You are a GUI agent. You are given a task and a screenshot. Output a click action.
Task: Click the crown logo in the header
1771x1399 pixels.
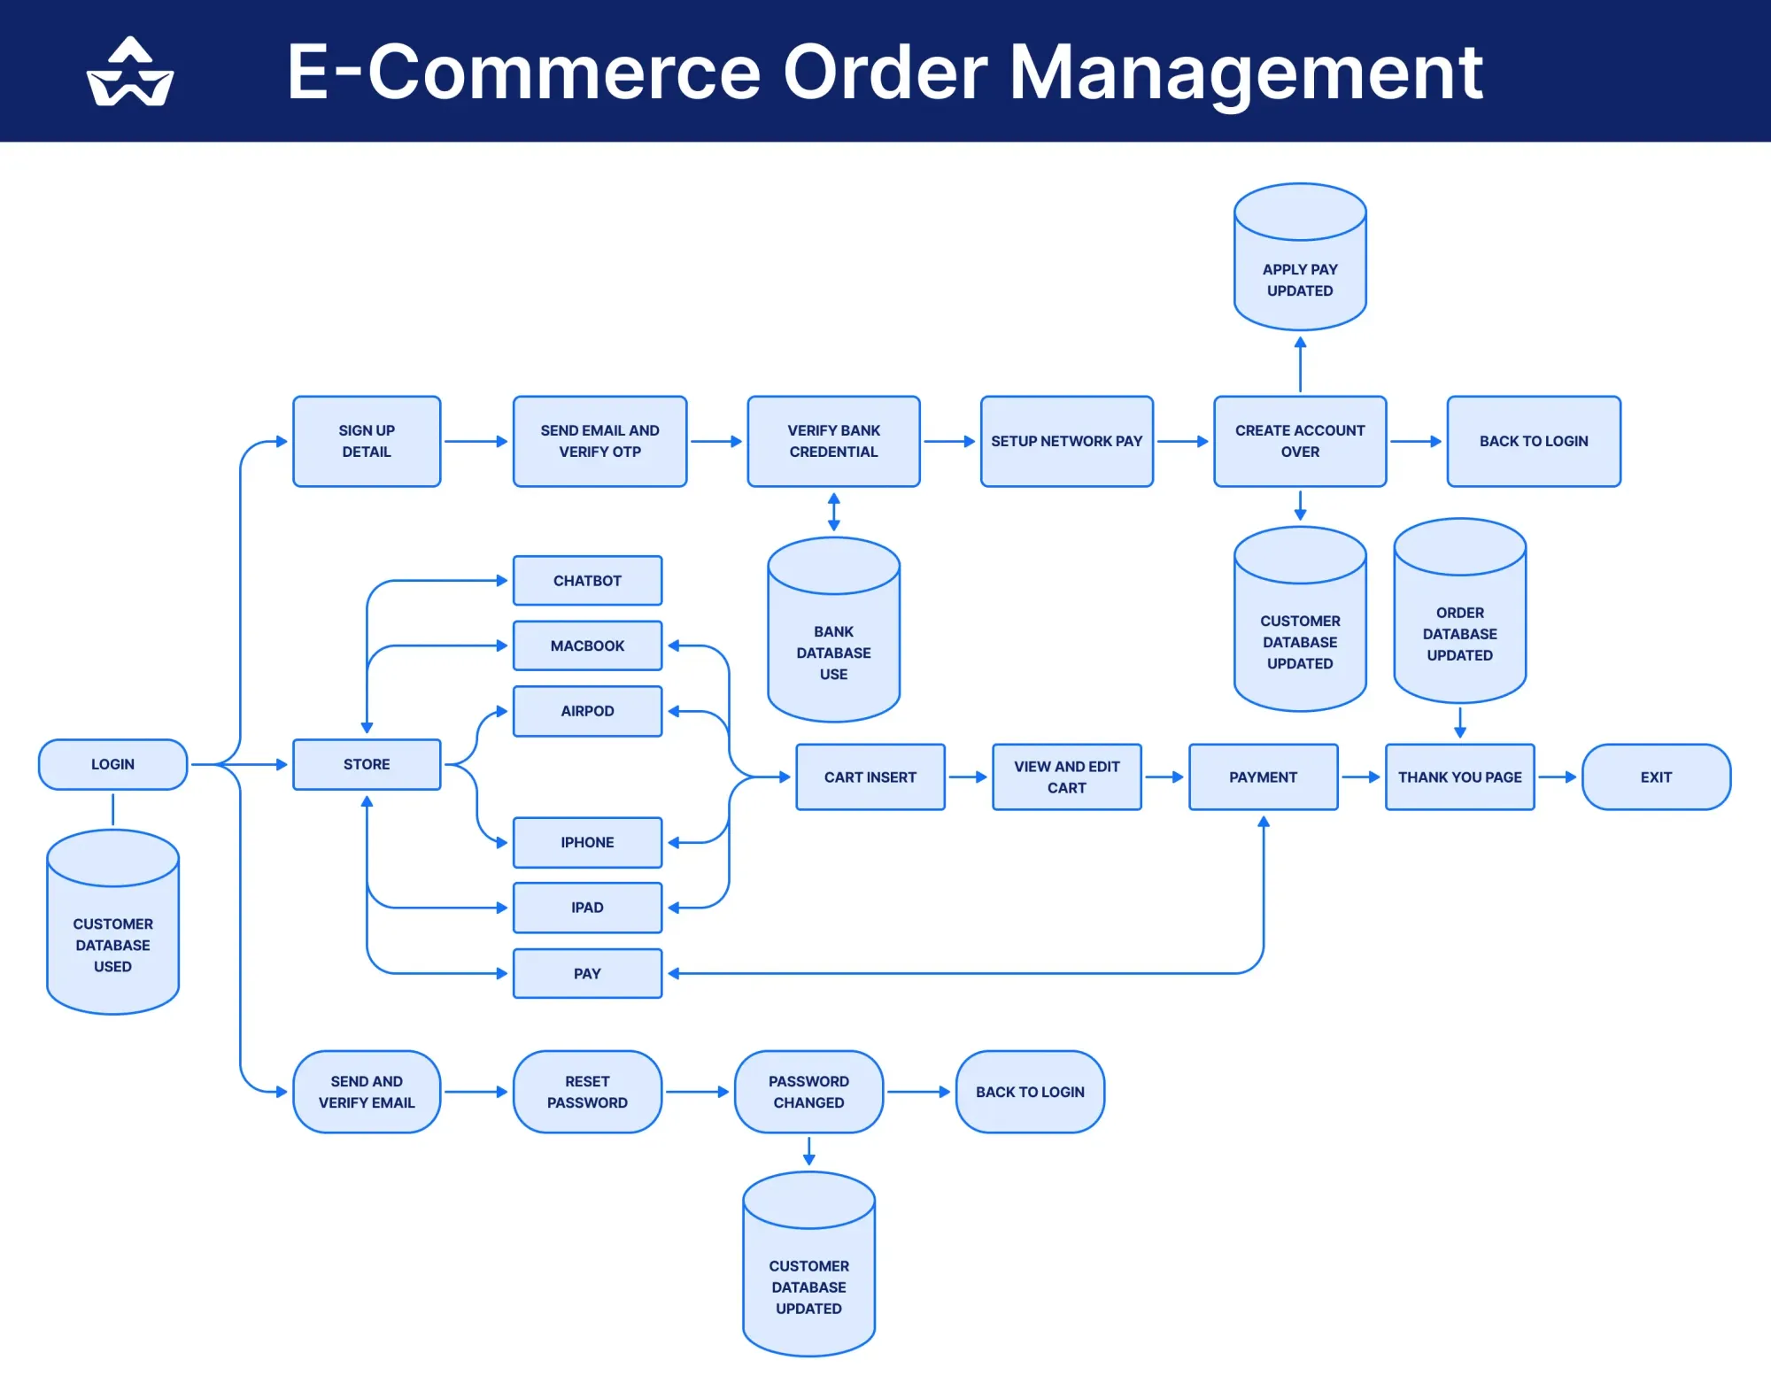click(130, 73)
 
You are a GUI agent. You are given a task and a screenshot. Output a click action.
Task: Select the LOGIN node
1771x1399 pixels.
click(112, 764)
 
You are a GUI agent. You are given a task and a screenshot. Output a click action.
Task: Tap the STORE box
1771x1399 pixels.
click(367, 764)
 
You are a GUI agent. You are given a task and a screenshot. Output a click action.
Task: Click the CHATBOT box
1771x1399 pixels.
click(587, 581)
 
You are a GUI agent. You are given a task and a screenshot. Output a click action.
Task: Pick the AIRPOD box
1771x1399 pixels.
click(587, 711)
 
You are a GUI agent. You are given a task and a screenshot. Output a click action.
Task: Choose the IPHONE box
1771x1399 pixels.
click(587, 842)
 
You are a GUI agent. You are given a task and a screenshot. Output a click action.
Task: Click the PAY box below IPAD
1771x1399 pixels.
click(587, 973)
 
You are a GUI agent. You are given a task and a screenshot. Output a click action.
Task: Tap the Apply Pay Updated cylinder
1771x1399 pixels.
click(1300, 266)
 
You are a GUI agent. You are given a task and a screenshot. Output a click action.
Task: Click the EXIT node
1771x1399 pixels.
click(1656, 777)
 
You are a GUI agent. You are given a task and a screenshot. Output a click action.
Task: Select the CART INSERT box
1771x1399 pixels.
click(870, 777)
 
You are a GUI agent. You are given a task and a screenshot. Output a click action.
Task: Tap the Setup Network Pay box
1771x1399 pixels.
click(1066, 441)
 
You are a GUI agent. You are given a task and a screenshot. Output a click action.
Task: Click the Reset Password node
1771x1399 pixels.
click(587, 1092)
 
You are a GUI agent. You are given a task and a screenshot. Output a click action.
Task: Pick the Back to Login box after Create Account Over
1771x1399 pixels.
click(1534, 441)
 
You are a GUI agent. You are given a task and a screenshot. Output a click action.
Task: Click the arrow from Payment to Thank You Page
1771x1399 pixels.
click(1361, 777)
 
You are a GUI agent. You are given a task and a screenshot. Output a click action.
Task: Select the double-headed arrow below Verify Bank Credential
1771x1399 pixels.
click(833, 512)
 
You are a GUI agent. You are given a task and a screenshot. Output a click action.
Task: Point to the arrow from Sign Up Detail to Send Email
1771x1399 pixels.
click(476, 441)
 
